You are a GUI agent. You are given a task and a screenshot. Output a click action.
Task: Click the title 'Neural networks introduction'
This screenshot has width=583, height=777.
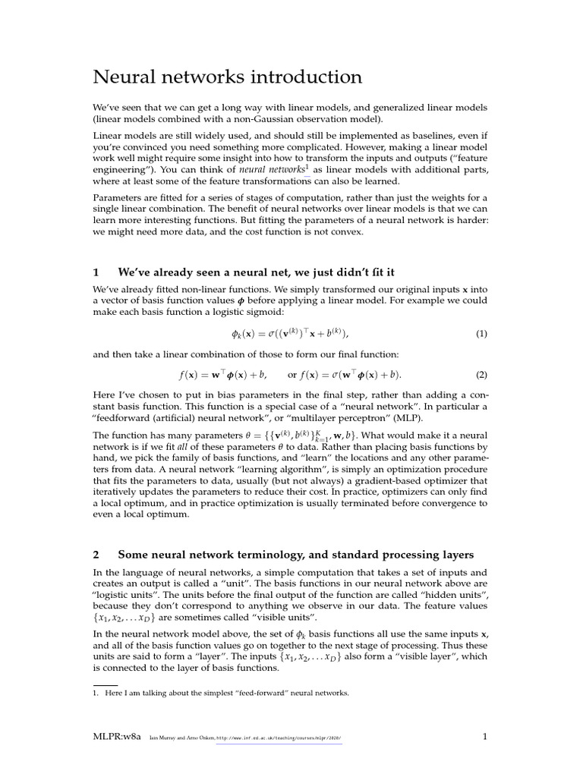tap(228, 77)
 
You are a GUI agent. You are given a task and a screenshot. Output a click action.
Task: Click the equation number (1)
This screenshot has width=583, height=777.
tap(481, 334)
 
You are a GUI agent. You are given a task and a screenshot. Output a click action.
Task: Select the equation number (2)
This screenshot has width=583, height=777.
tap(481, 375)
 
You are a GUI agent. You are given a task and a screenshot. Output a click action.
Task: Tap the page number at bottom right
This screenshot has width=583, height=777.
tap(484, 736)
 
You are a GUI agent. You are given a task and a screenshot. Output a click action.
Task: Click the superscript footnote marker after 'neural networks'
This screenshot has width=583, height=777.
tap(306, 165)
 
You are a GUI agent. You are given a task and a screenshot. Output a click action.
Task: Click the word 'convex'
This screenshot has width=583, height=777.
tap(348, 231)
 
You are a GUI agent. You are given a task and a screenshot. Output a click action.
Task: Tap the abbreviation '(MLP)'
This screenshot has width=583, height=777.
tap(408, 419)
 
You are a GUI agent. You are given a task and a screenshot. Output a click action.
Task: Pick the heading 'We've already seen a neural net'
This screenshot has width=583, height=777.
tap(256, 272)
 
